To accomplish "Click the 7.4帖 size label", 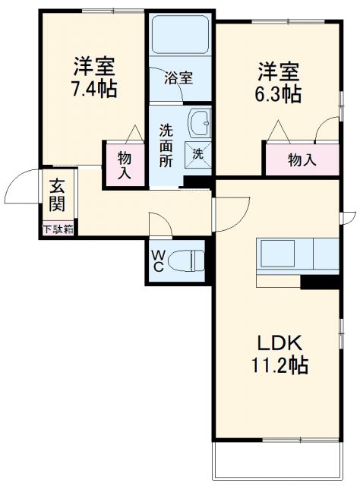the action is point(94,89).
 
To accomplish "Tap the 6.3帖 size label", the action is point(278,94).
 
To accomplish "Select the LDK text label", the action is point(279,343).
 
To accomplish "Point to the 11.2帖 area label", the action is point(279,365).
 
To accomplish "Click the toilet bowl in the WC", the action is point(187,261).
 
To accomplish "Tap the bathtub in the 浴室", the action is point(181,34).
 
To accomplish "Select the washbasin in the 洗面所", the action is point(200,123).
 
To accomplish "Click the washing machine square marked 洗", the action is point(198,155).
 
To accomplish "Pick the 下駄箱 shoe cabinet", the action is point(58,229).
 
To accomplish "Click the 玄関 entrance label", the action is point(58,195).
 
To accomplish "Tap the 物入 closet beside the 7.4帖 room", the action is point(125,165).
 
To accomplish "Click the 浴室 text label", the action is point(178,77).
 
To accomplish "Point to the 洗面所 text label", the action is point(166,145).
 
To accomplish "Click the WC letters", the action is point(158,261).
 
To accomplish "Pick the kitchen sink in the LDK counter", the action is point(278,254).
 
